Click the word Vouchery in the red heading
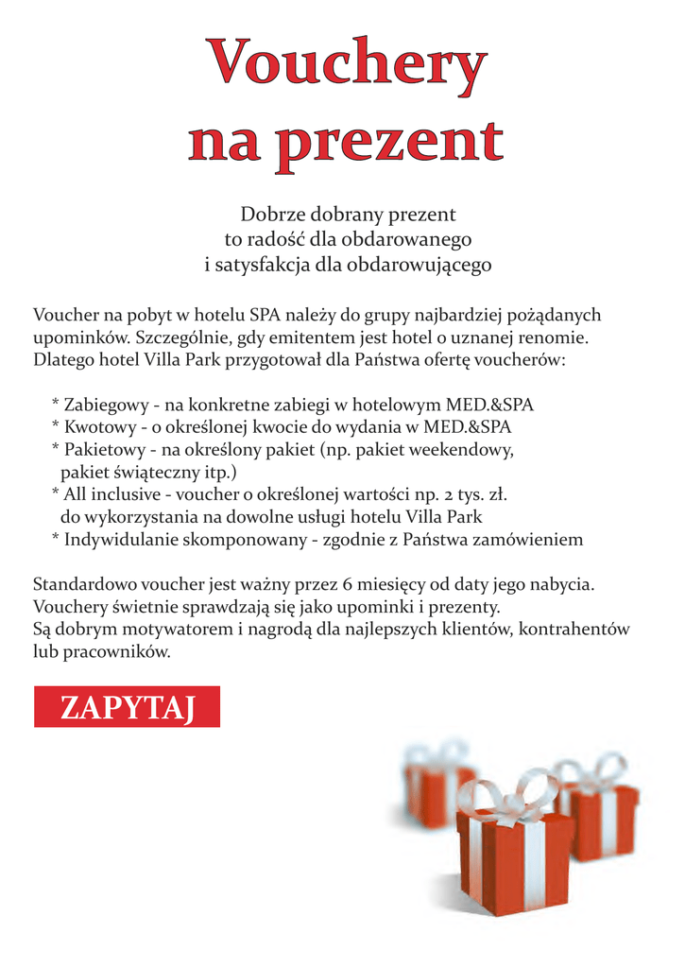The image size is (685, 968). (x=348, y=64)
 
